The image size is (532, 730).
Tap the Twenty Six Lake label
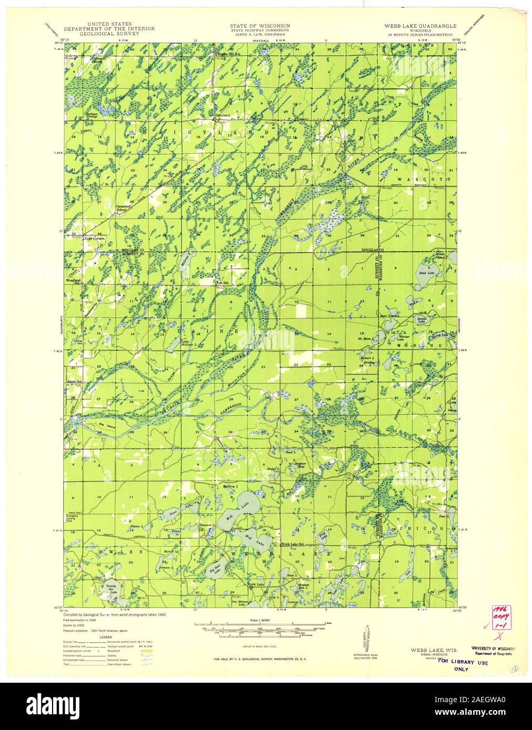110,588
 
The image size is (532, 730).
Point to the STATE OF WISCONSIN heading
260,25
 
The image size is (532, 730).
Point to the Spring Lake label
441,335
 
